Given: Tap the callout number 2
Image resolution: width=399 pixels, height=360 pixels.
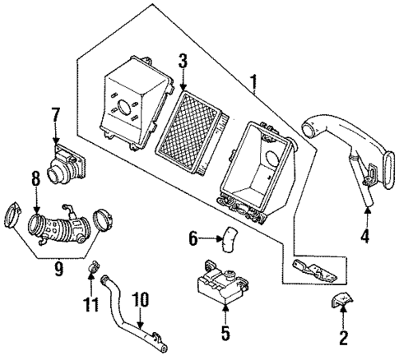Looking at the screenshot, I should [343, 336].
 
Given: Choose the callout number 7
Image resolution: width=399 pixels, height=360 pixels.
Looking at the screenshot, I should [56, 114].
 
